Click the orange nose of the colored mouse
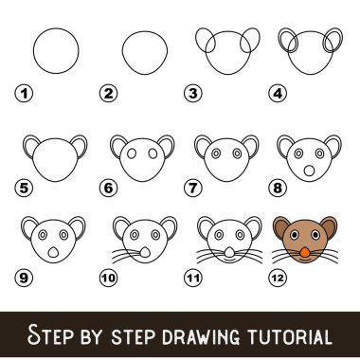304,252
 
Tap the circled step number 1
24,94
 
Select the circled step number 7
193,188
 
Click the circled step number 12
278,278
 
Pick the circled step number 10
109,278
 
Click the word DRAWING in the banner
203,336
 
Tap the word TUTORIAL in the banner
290,336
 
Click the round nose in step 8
309,171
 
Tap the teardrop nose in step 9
53,253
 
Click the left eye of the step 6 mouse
132,153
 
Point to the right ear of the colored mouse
329,226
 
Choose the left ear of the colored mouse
280,226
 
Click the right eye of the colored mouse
315,235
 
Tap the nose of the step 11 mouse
230,252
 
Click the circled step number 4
278,94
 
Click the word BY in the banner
92,336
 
